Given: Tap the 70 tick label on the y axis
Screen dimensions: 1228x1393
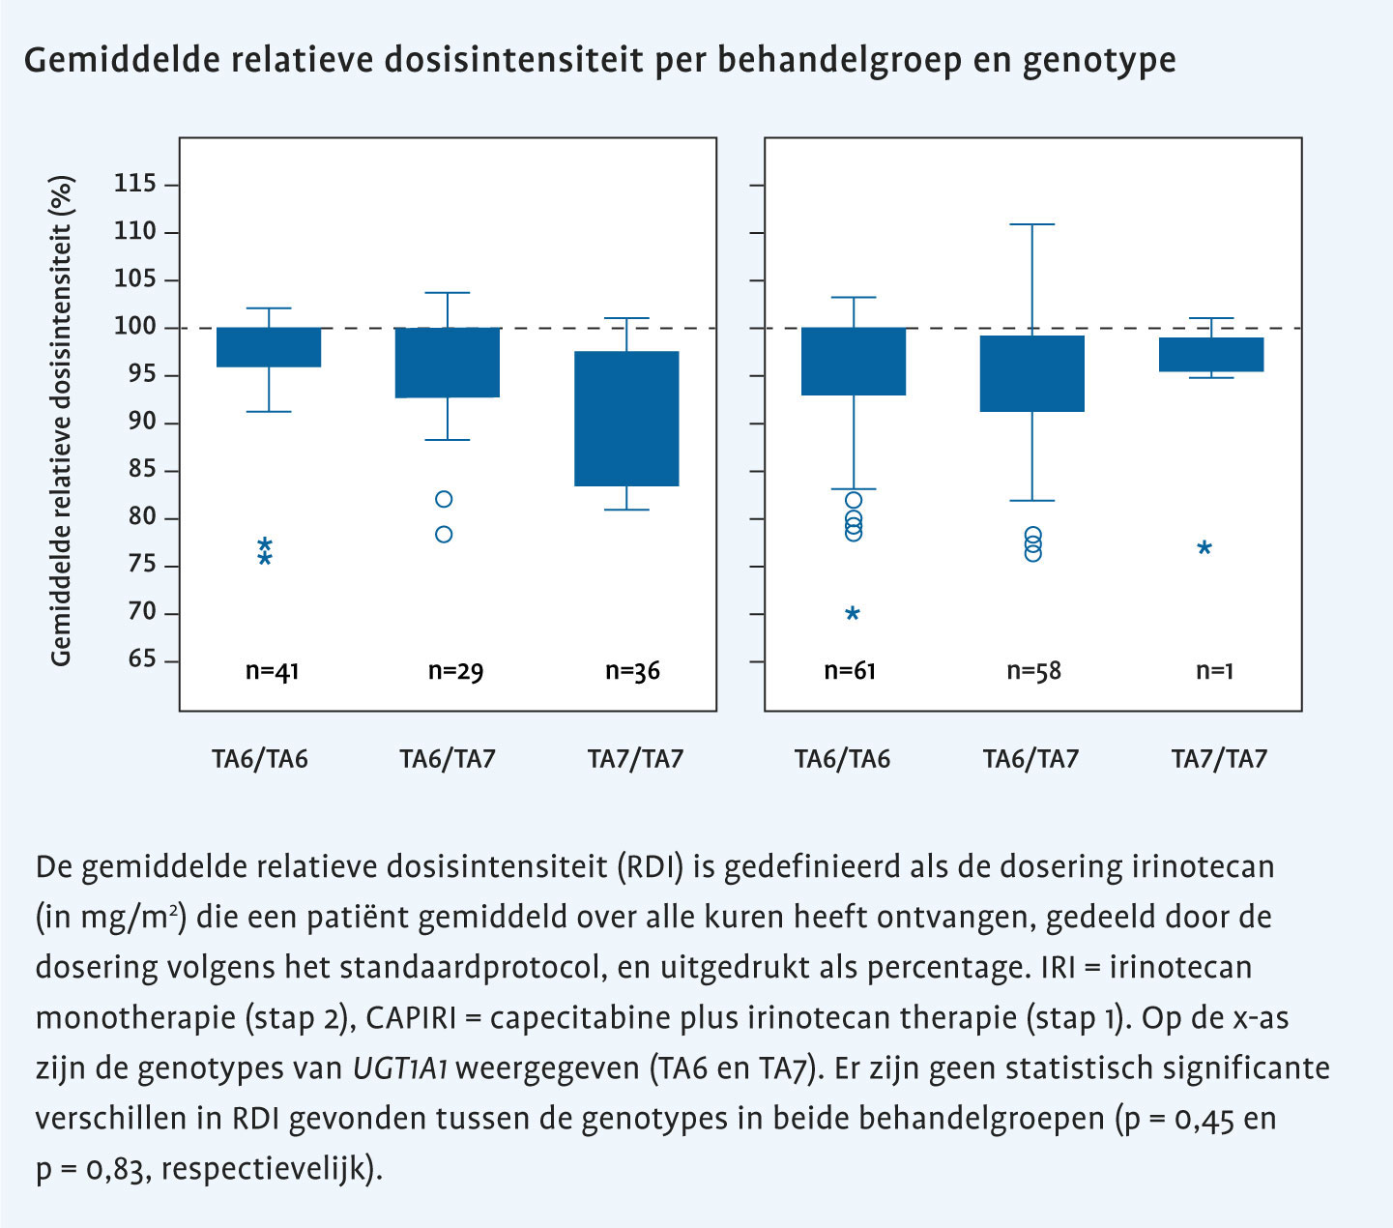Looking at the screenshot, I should pyautogui.click(x=134, y=612).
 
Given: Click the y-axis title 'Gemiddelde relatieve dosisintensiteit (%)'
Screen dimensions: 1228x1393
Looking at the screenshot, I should pyautogui.click(x=62, y=421).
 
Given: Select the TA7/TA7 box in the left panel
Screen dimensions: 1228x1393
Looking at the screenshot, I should pyautogui.click(x=626, y=418).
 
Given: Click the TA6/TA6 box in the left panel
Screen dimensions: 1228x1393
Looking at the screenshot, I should pyautogui.click(x=269, y=347).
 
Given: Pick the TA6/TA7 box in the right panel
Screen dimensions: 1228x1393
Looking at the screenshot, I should pyautogui.click(x=1031, y=373).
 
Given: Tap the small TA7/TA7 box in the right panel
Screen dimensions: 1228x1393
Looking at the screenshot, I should pyautogui.click(x=1211, y=354).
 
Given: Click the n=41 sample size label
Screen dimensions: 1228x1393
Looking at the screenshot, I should pyautogui.click(x=272, y=671).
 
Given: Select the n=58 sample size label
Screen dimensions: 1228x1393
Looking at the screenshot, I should pyautogui.click(x=1033, y=671).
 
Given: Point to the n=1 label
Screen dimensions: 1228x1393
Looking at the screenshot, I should pyautogui.click(x=1214, y=671).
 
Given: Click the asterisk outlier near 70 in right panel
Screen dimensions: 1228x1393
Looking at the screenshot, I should pyautogui.click(x=853, y=614).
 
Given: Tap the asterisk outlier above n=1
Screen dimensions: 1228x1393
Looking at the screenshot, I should pyautogui.click(x=1204, y=549).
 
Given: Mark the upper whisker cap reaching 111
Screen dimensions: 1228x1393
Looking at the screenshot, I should pyautogui.click(x=1031, y=224).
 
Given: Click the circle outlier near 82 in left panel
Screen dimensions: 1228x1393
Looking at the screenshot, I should pyautogui.click(x=444, y=499).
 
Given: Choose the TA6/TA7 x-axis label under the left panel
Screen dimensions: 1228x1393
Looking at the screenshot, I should pyautogui.click(x=448, y=760).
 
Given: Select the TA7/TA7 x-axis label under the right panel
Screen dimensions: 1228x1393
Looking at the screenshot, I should pyautogui.click(x=1219, y=760).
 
